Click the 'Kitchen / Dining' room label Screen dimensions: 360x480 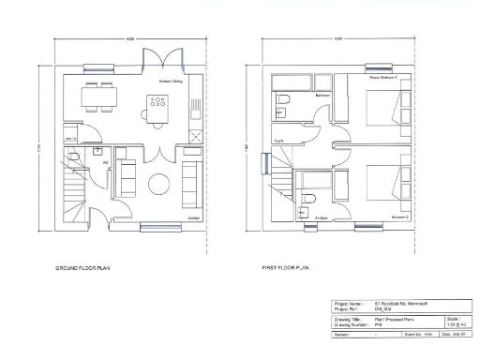coord(171,82)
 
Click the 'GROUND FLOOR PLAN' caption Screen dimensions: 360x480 coord(86,267)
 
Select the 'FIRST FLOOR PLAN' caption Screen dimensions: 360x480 coord(286,267)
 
